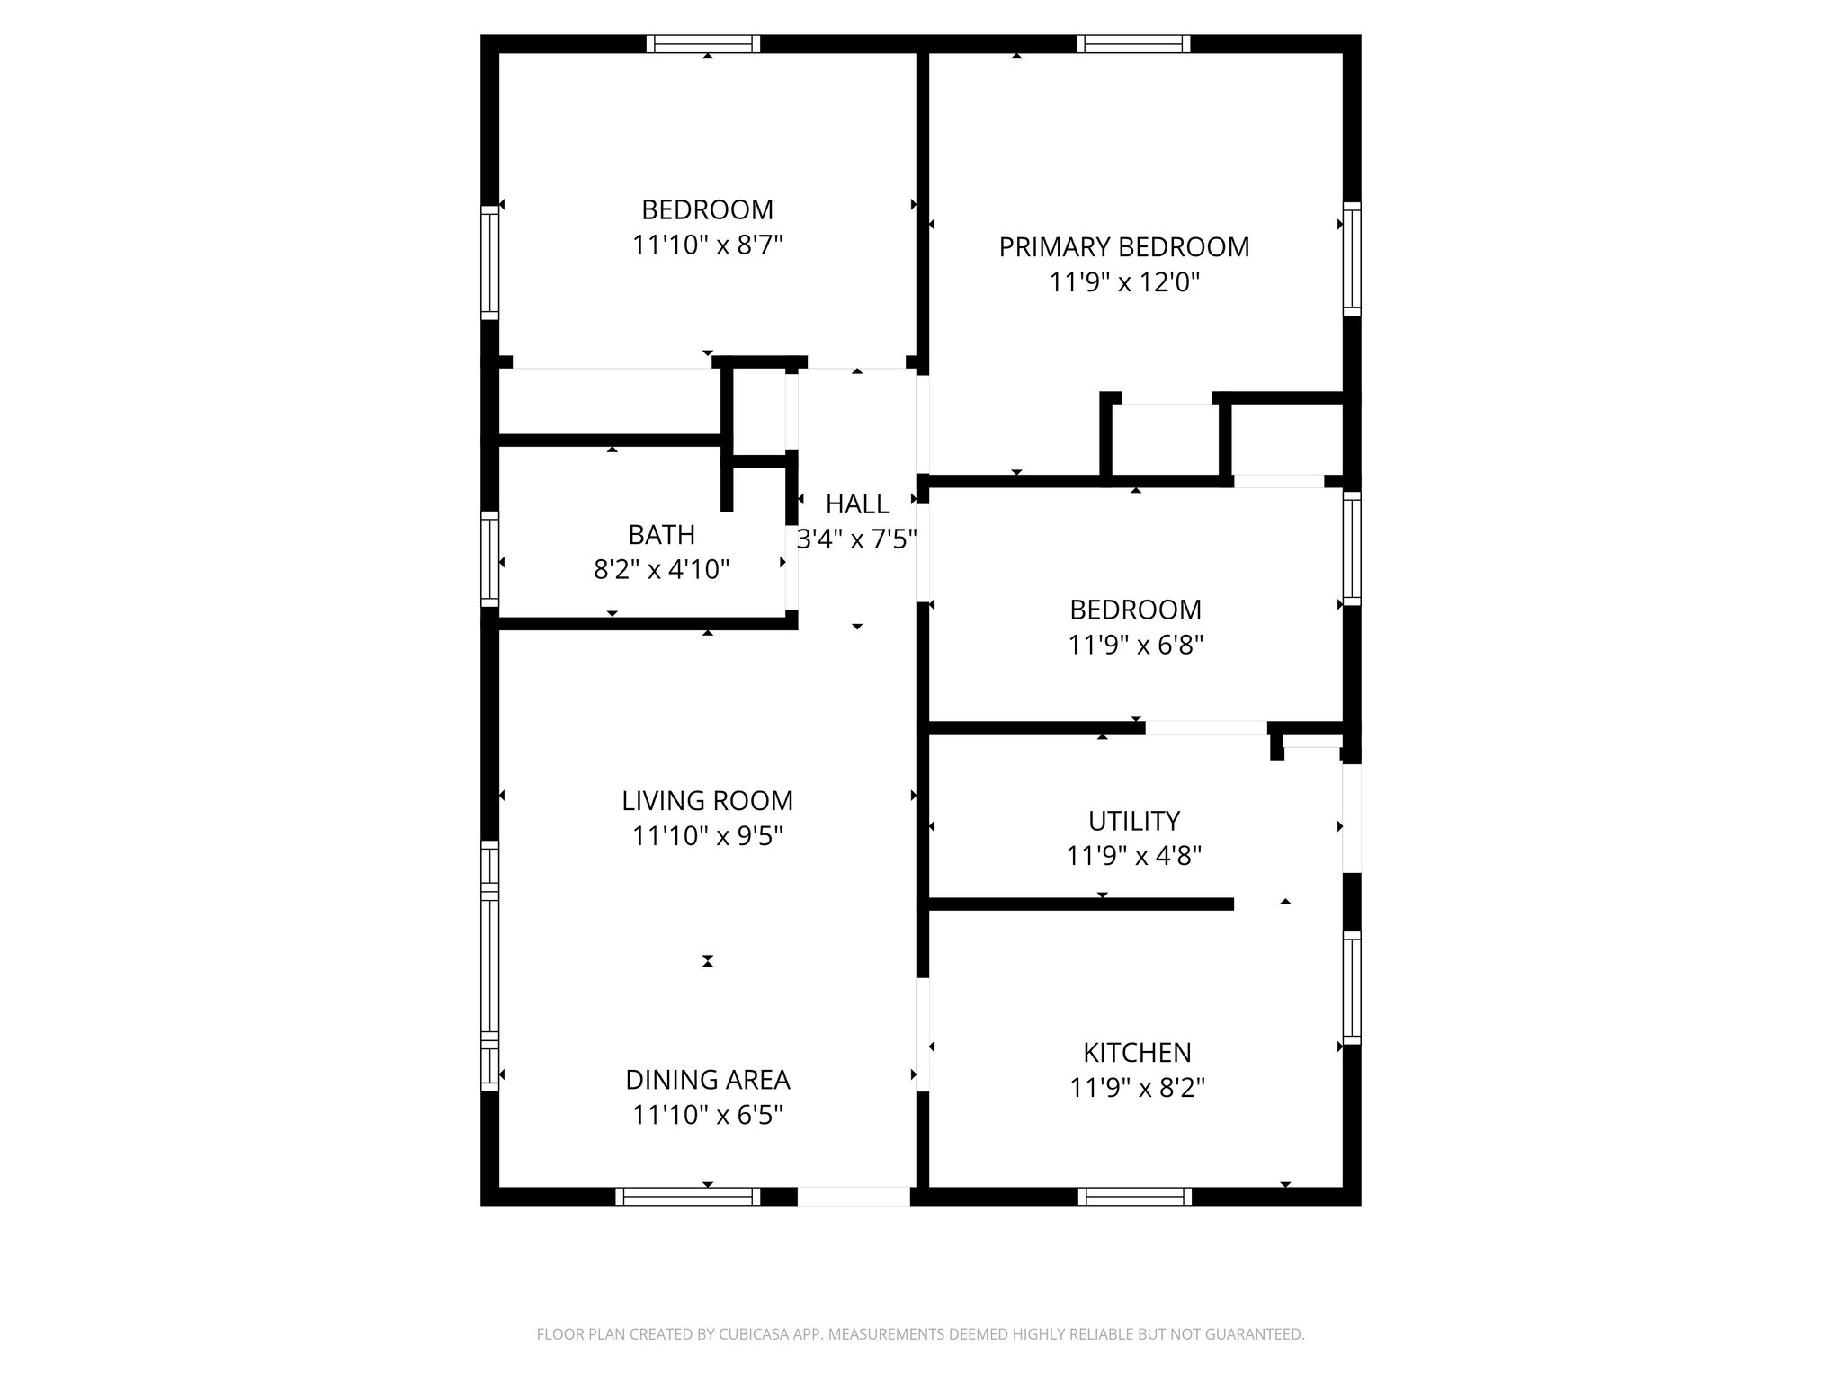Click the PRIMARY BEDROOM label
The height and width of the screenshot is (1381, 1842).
[x=1124, y=247]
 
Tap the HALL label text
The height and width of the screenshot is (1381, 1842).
[x=857, y=503]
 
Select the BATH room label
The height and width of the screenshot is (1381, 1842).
[x=661, y=535]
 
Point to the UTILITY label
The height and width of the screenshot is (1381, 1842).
[x=1133, y=821]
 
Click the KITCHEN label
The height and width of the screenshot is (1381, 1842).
[x=1137, y=1052]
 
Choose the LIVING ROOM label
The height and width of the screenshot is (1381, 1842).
[x=708, y=800]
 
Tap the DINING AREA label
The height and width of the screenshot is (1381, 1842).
[x=708, y=1079]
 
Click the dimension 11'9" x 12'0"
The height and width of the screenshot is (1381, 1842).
[x=1124, y=283]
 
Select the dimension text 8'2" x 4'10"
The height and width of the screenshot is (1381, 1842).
[x=661, y=570]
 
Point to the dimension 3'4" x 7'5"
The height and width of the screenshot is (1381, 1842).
[x=857, y=539]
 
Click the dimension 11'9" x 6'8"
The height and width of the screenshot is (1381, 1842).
[x=1135, y=646]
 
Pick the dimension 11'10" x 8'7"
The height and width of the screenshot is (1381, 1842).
[x=708, y=245]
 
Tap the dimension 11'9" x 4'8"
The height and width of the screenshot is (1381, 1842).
[x=1133, y=856]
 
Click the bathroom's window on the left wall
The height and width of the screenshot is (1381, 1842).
[x=489, y=558]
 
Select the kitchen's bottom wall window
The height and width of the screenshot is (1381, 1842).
[x=1134, y=1196]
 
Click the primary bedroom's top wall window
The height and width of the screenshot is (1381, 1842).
[x=1132, y=44]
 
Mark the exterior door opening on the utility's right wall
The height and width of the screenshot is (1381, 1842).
[x=1351, y=817]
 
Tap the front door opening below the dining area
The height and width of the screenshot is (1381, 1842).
[x=854, y=1196]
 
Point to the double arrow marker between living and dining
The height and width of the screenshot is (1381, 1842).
[x=708, y=961]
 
